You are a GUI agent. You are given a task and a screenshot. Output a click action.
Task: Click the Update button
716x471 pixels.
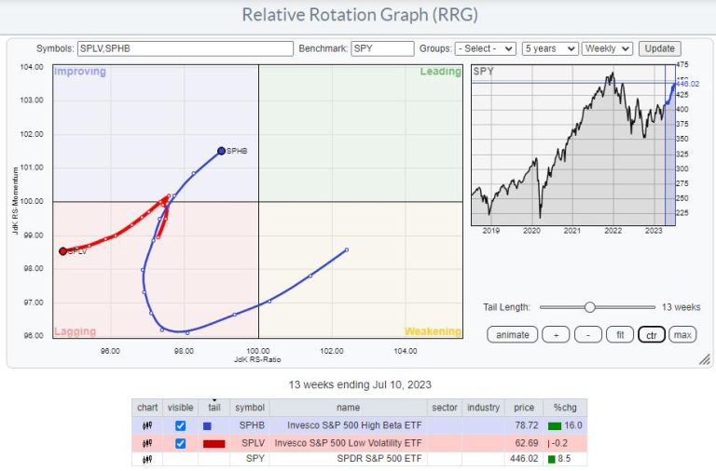659,48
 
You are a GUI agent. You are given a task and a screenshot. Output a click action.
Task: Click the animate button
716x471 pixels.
511,334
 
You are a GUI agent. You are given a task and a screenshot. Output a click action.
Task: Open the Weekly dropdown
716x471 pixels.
607,48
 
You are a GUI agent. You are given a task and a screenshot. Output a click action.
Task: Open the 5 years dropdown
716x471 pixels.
550,48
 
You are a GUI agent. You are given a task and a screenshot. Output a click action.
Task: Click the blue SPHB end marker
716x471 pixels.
221,150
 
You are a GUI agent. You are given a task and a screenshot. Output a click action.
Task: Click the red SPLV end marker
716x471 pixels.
62,250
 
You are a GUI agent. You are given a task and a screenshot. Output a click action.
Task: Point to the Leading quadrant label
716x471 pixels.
440,72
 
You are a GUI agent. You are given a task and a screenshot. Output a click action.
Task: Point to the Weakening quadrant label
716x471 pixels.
432,331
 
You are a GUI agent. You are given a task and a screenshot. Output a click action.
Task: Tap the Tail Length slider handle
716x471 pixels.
589,306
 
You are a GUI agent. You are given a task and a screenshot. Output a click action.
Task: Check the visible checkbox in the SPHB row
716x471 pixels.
180,425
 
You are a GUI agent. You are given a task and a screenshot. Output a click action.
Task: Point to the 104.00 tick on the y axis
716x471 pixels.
34,67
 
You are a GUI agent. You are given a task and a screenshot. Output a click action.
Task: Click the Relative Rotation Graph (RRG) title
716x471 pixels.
356,15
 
